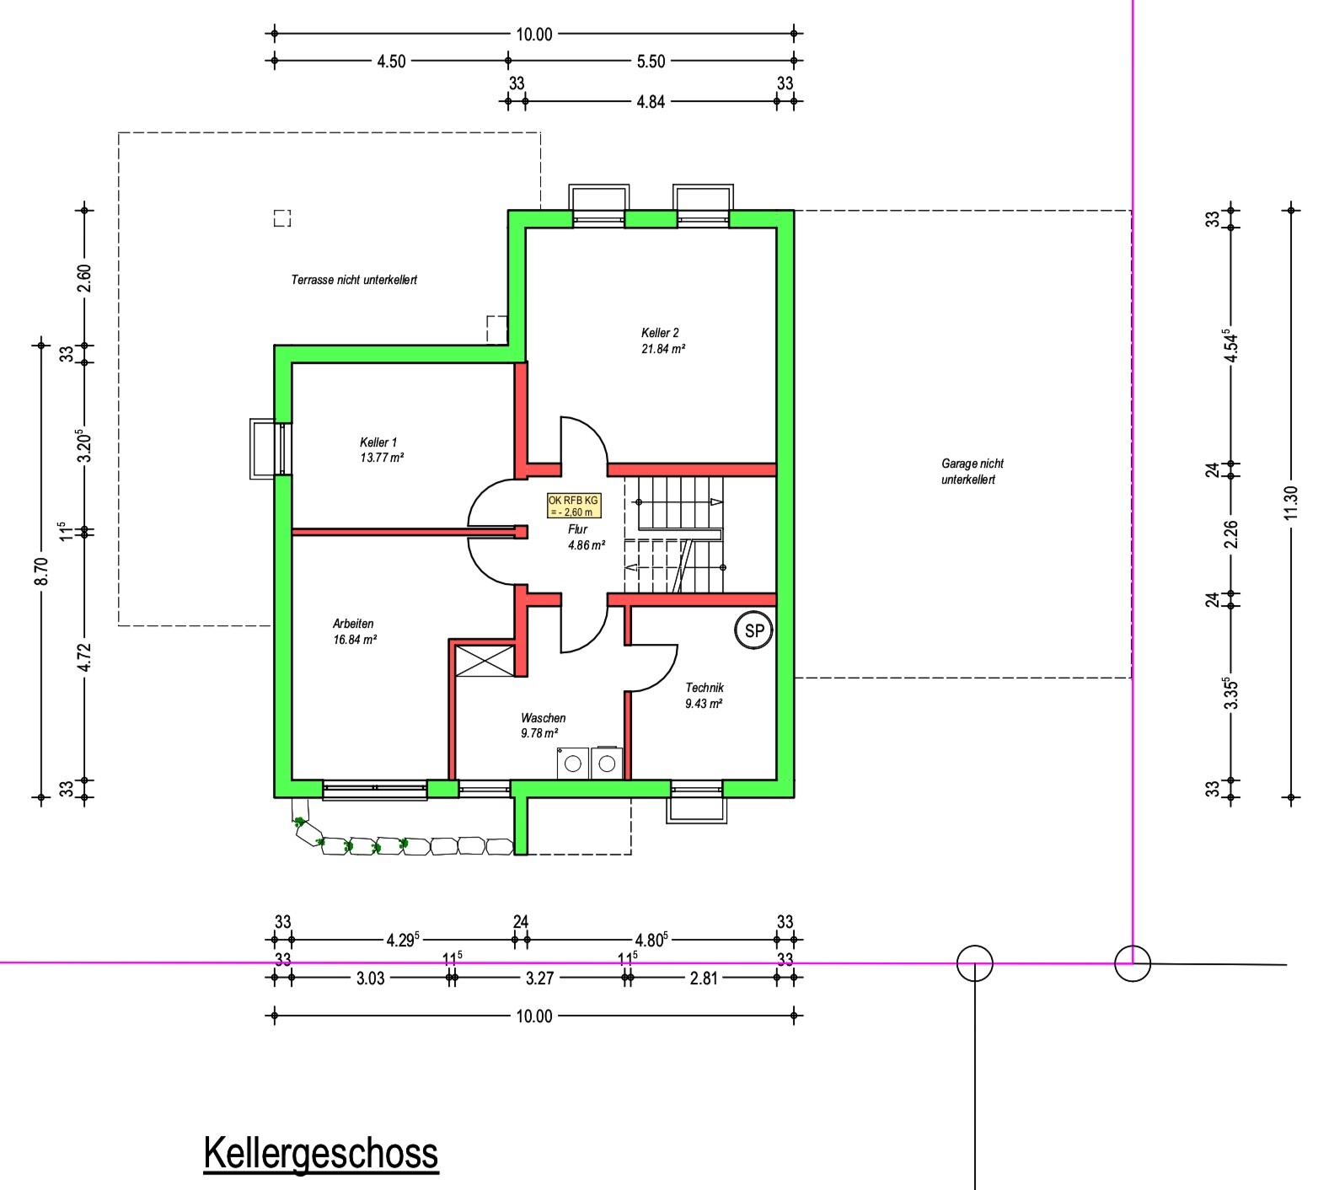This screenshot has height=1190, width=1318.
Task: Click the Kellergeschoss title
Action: [321, 1153]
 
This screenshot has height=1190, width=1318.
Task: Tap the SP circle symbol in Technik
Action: [754, 630]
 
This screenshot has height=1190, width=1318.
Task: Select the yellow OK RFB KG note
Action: [574, 506]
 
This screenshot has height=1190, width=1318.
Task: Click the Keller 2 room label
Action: [660, 333]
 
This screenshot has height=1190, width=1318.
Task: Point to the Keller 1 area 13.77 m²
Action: [382, 458]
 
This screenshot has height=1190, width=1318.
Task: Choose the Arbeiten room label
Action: [353, 624]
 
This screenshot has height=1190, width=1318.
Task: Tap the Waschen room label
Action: [544, 718]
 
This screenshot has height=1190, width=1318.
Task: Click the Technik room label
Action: [705, 688]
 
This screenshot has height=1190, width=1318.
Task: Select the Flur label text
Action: [577, 529]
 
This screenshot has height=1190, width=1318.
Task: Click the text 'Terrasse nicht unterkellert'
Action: [354, 280]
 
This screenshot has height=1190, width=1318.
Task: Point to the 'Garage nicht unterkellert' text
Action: [972, 471]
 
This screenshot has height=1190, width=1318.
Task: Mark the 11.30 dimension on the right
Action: [1291, 503]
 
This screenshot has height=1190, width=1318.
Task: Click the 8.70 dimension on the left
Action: [42, 571]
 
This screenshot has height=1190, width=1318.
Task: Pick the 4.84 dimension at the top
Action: [651, 101]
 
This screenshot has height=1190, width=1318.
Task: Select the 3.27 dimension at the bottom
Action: [539, 978]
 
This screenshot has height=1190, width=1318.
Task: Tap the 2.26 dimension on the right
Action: [1231, 533]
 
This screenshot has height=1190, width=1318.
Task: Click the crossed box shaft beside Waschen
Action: [484, 660]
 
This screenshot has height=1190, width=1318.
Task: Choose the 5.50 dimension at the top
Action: [651, 61]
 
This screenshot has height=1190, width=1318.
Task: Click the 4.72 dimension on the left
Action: [83, 657]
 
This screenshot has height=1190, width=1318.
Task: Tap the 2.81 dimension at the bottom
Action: [704, 978]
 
